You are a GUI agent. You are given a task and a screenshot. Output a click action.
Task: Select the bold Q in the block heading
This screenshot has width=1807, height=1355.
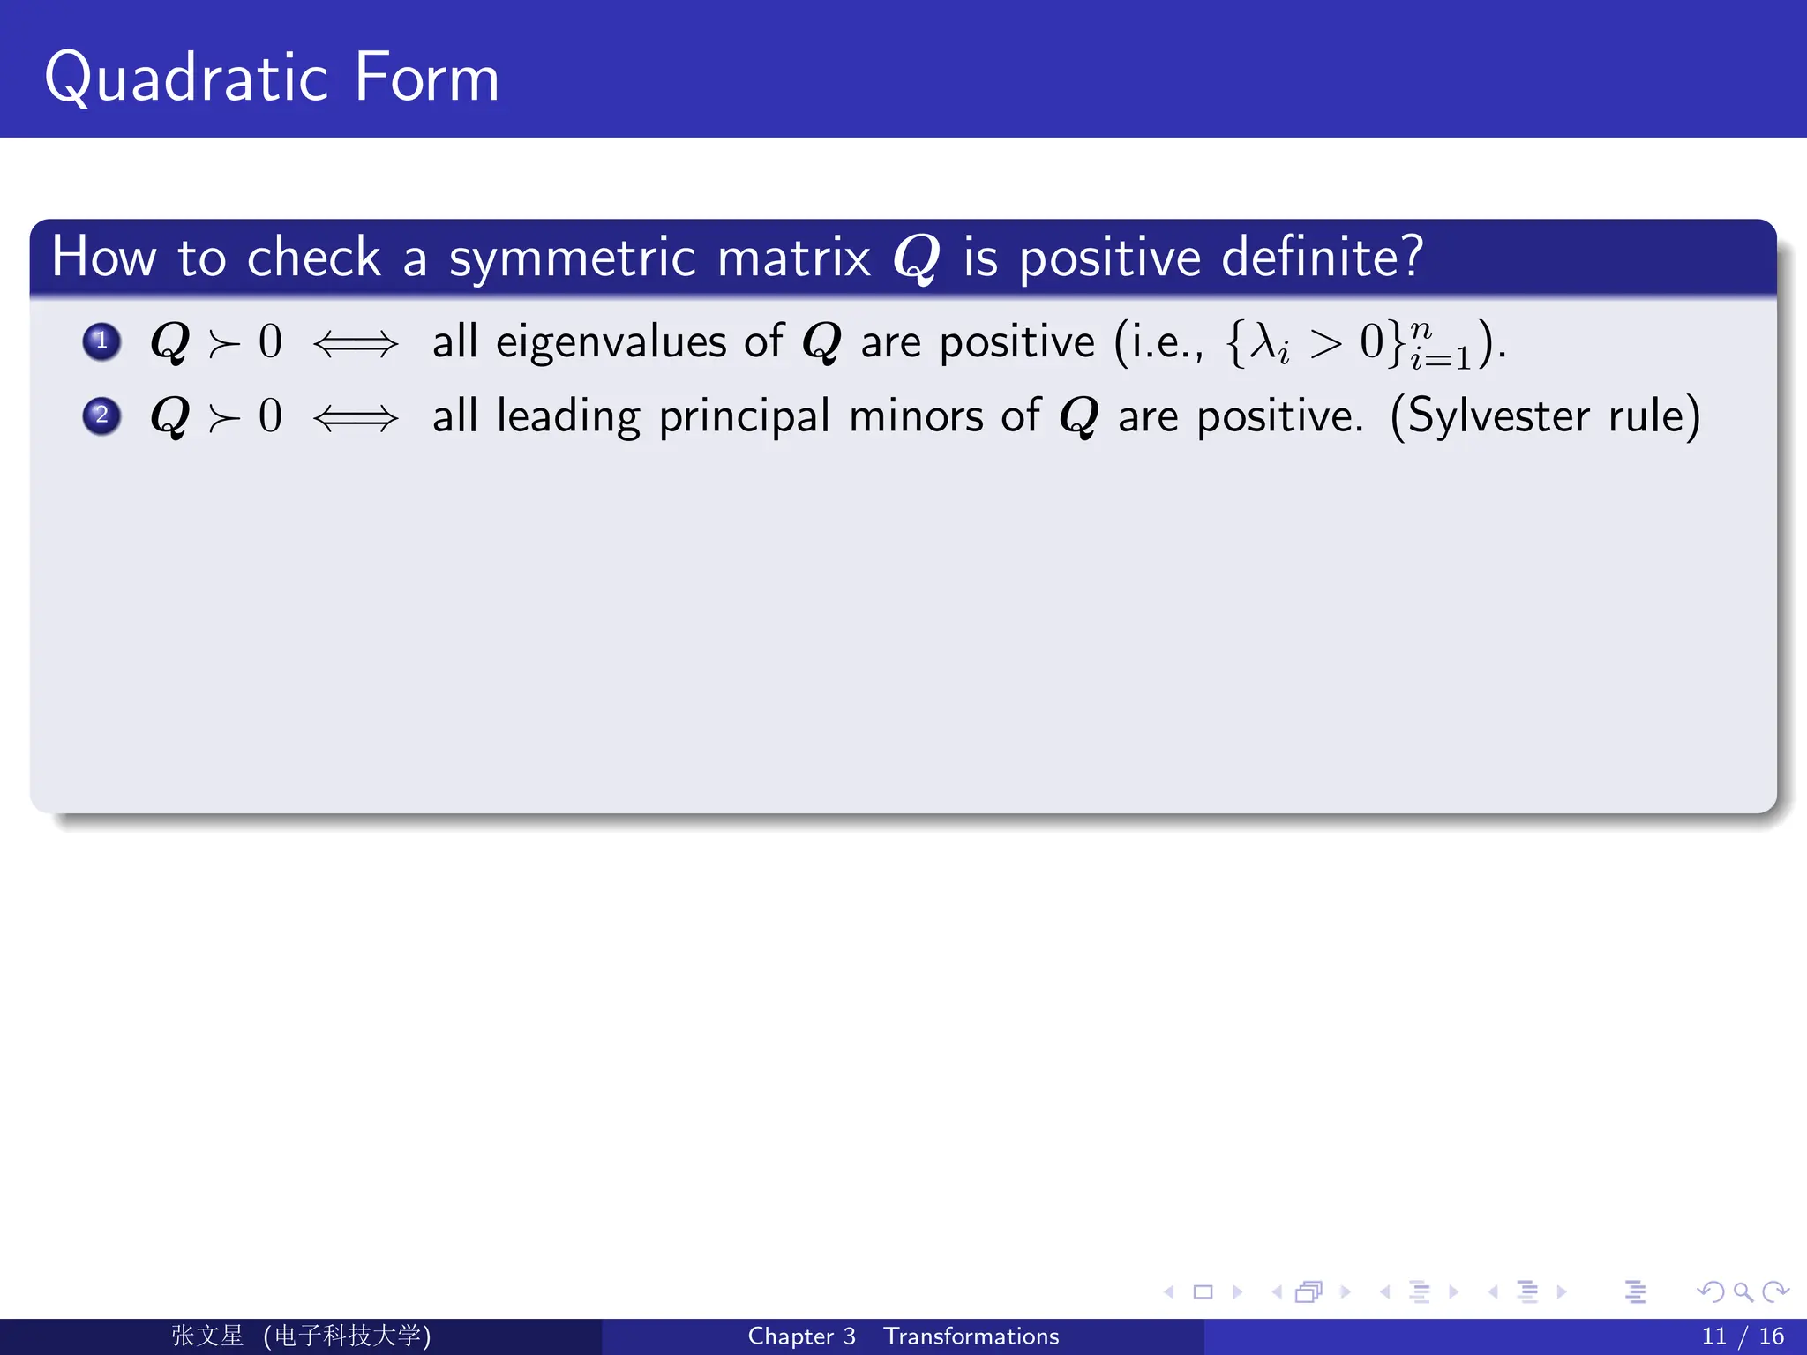tap(916, 259)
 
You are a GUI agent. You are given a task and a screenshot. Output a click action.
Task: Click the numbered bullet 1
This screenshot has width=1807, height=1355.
tap(101, 341)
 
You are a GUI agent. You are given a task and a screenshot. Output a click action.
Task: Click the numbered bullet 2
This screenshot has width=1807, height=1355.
tap(101, 415)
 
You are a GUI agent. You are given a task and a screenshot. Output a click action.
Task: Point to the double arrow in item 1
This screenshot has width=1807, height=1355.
tap(356, 343)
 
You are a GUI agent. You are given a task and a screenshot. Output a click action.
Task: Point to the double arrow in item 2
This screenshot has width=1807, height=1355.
tap(356, 417)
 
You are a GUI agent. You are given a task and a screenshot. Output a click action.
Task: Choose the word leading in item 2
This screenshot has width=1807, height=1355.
tap(568, 417)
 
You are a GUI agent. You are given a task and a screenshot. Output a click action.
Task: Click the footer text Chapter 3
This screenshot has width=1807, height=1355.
tap(801, 1336)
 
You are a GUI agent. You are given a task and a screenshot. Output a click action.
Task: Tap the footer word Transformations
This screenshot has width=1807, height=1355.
tap(971, 1336)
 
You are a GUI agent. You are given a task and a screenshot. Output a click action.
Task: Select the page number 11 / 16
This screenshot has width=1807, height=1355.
tap(1742, 1336)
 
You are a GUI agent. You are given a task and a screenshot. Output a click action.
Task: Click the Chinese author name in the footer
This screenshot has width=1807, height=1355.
tap(207, 1336)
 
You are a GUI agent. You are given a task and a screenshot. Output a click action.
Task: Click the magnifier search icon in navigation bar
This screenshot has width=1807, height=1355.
tap(1743, 1292)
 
